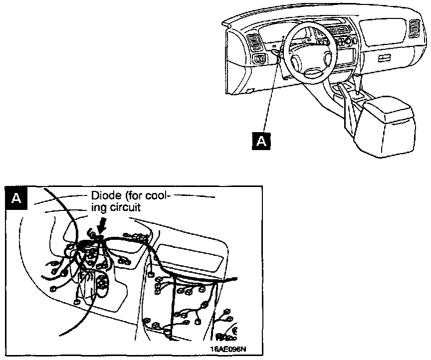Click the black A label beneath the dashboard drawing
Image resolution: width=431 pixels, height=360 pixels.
(261, 141)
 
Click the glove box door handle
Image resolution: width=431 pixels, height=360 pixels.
(384, 59)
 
